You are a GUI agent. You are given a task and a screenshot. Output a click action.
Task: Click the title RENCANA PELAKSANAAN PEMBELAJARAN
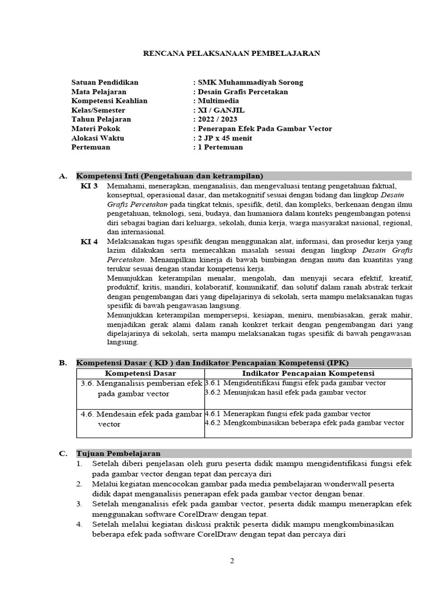[232, 53]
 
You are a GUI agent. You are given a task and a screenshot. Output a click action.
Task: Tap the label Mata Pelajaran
[98, 91]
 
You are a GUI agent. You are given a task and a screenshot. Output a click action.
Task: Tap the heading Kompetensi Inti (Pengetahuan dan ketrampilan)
[170, 176]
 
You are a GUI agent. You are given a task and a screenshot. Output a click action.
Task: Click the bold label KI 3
[89, 185]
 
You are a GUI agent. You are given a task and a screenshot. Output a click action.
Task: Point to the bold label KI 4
[89, 241]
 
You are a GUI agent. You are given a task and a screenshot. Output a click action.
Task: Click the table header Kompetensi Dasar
[140, 373]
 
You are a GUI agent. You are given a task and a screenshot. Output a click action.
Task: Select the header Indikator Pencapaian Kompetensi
[308, 373]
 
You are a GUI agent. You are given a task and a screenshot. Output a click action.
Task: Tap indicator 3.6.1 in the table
[295, 383]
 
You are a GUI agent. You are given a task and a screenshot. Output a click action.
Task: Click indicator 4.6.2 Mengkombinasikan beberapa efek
[304, 423]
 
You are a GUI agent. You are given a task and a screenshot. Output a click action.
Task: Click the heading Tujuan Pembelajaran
[119, 453]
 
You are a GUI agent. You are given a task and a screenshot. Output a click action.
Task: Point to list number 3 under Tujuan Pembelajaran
[79, 505]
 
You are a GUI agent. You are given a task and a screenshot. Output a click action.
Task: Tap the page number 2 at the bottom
[232, 561]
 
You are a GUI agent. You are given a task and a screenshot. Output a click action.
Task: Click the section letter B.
[63, 363]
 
